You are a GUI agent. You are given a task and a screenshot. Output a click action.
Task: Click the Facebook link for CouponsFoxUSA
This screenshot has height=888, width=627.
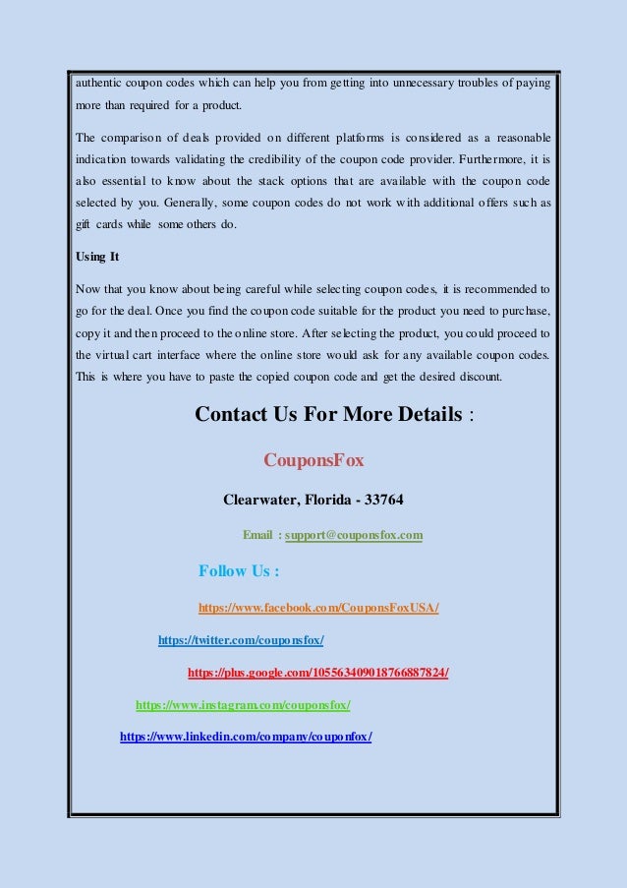click(x=318, y=608)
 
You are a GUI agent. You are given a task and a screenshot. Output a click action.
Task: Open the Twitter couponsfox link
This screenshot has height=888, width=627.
click(x=241, y=640)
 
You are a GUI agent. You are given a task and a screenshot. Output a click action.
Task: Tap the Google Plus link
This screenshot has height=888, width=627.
click(x=317, y=673)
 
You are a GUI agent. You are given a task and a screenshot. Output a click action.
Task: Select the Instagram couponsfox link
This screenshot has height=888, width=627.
click(x=242, y=705)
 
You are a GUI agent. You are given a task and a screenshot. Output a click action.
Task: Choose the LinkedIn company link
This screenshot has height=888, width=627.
click(x=246, y=737)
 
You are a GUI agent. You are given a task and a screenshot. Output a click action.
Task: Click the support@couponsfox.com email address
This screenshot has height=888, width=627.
click(x=354, y=535)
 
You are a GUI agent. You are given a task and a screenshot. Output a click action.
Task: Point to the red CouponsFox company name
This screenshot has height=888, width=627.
click(x=313, y=460)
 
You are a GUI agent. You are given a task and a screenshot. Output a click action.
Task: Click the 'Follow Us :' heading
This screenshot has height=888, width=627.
click(x=239, y=571)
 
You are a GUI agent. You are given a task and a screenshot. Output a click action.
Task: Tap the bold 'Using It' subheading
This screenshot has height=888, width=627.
click(x=97, y=258)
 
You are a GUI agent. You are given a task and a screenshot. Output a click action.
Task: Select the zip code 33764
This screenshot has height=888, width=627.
click(x=383, y=500)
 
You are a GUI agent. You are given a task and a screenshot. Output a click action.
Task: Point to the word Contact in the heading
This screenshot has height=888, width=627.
click(x=232, y=414)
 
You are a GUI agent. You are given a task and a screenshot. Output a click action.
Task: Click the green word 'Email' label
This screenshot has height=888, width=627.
click(x=258, y=535)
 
